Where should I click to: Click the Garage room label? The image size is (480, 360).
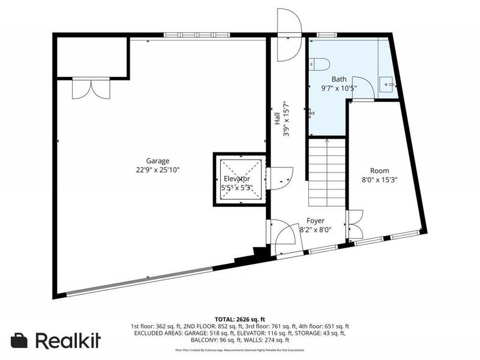click(x=158, y=160)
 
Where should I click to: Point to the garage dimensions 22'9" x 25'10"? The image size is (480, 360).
click(x=158, y=170)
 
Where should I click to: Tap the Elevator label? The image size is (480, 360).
click(x=237, y=179)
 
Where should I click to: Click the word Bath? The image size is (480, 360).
click(x=339, y=79)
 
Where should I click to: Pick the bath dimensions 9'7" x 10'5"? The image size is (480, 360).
click(x=339, y=88)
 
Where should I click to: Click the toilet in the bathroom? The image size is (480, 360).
click(x=317, y=64)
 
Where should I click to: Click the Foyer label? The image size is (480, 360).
click(x=316, y=220)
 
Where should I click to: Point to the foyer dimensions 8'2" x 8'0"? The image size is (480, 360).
click(x=316, y=229)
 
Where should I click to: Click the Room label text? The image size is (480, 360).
click(x=379, y=170)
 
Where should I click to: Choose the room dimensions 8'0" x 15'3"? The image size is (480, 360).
click(x=379, y=179)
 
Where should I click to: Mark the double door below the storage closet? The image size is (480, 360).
click(x=91, y=88)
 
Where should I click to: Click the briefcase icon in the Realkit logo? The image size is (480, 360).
click(x=20, y=340)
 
